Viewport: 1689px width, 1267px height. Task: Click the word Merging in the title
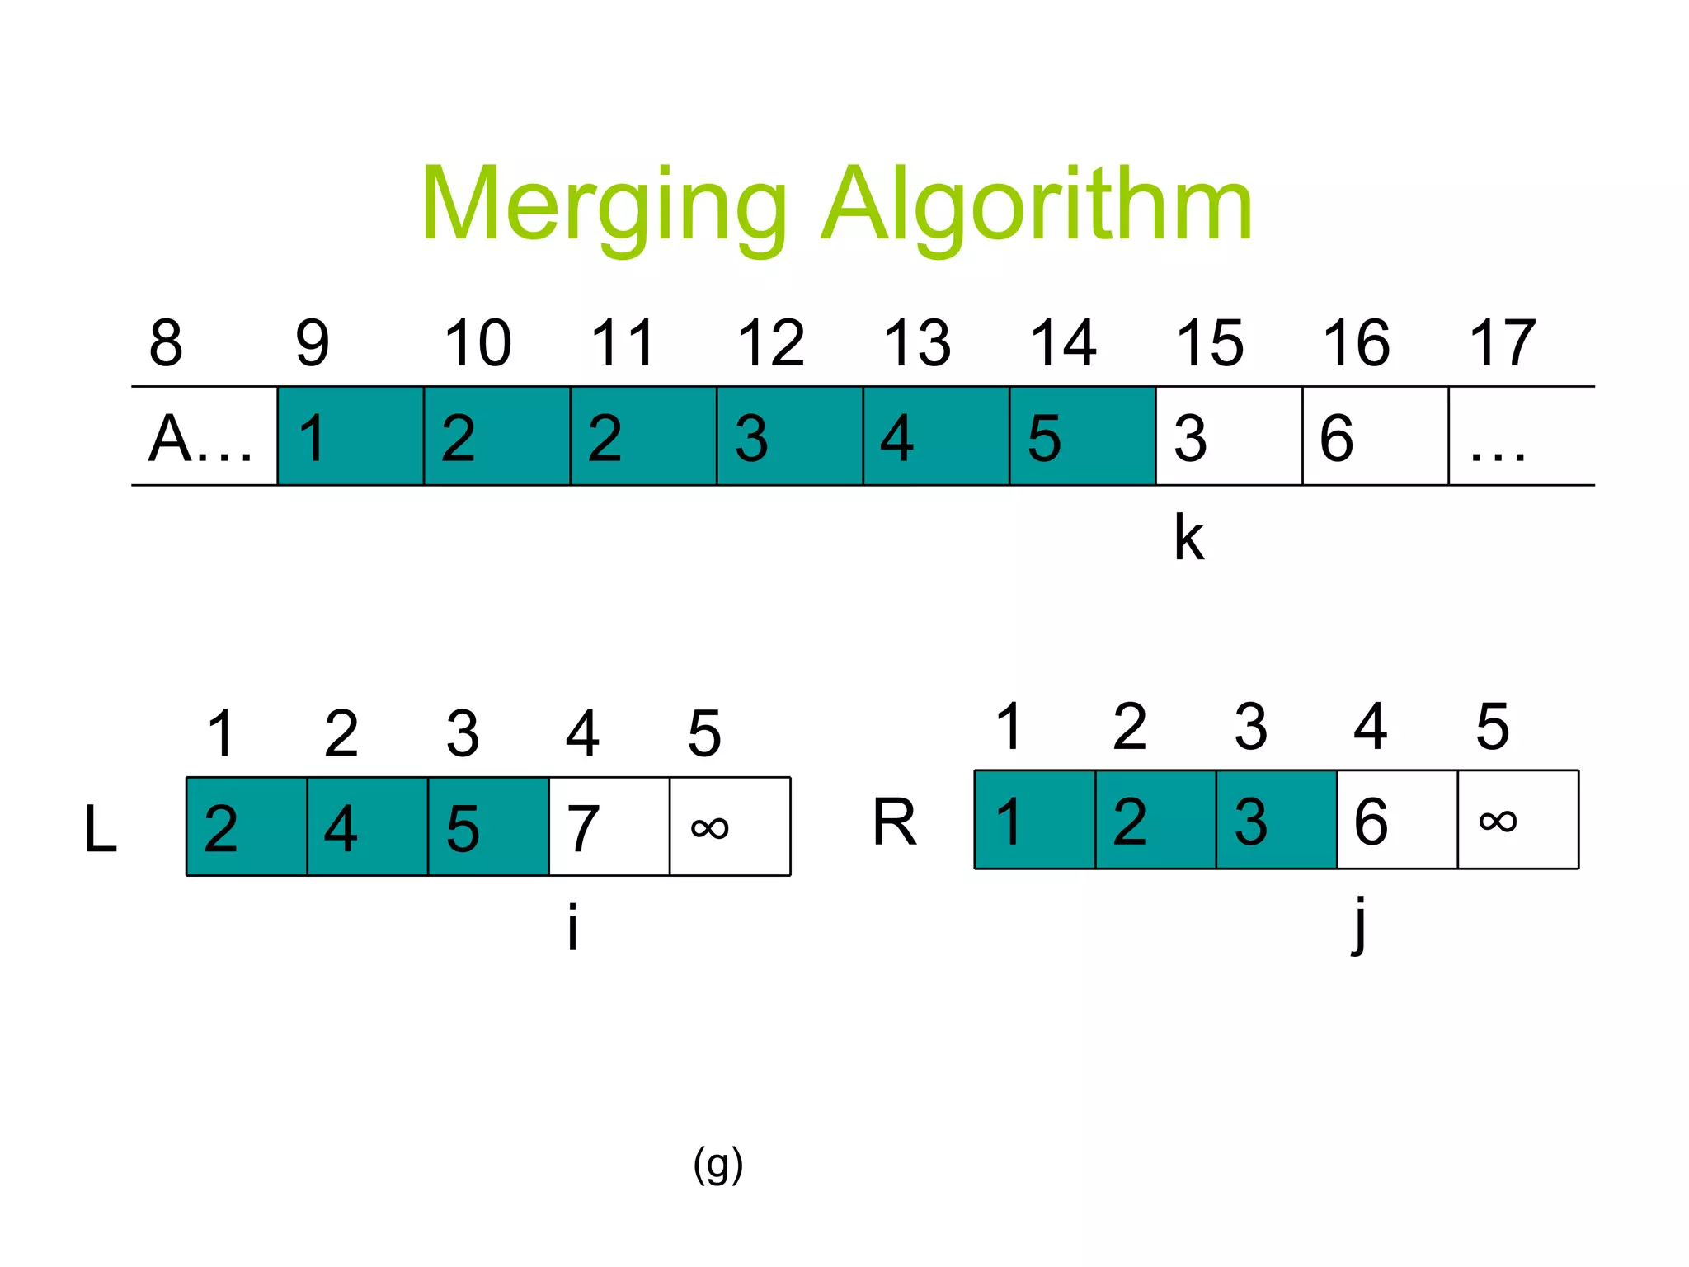point(604,206)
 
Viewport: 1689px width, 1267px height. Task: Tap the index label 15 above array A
point(1209,343)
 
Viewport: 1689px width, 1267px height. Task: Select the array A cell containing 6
point(1375,436)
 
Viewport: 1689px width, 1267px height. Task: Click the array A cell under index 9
point(351,436)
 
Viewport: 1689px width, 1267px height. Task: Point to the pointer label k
point(1188,538)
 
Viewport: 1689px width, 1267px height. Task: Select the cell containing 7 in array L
point(609,827)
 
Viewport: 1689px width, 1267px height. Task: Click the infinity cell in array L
point(730,827)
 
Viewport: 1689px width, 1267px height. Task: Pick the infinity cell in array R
point(1518,820)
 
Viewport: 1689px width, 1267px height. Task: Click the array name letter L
point(101,829)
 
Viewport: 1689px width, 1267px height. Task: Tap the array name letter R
point(895,822)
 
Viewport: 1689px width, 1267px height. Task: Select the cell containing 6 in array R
point(1397,820)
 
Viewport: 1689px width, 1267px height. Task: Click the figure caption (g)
point(717,1166)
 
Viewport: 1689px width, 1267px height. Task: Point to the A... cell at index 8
point(204,436)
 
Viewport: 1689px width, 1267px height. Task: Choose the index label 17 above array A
point(1502,343)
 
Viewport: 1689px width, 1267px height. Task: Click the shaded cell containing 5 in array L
point(488,827)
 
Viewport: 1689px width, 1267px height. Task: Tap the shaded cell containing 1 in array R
point(1034,820)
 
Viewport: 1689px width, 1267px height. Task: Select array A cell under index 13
point(936,436)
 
